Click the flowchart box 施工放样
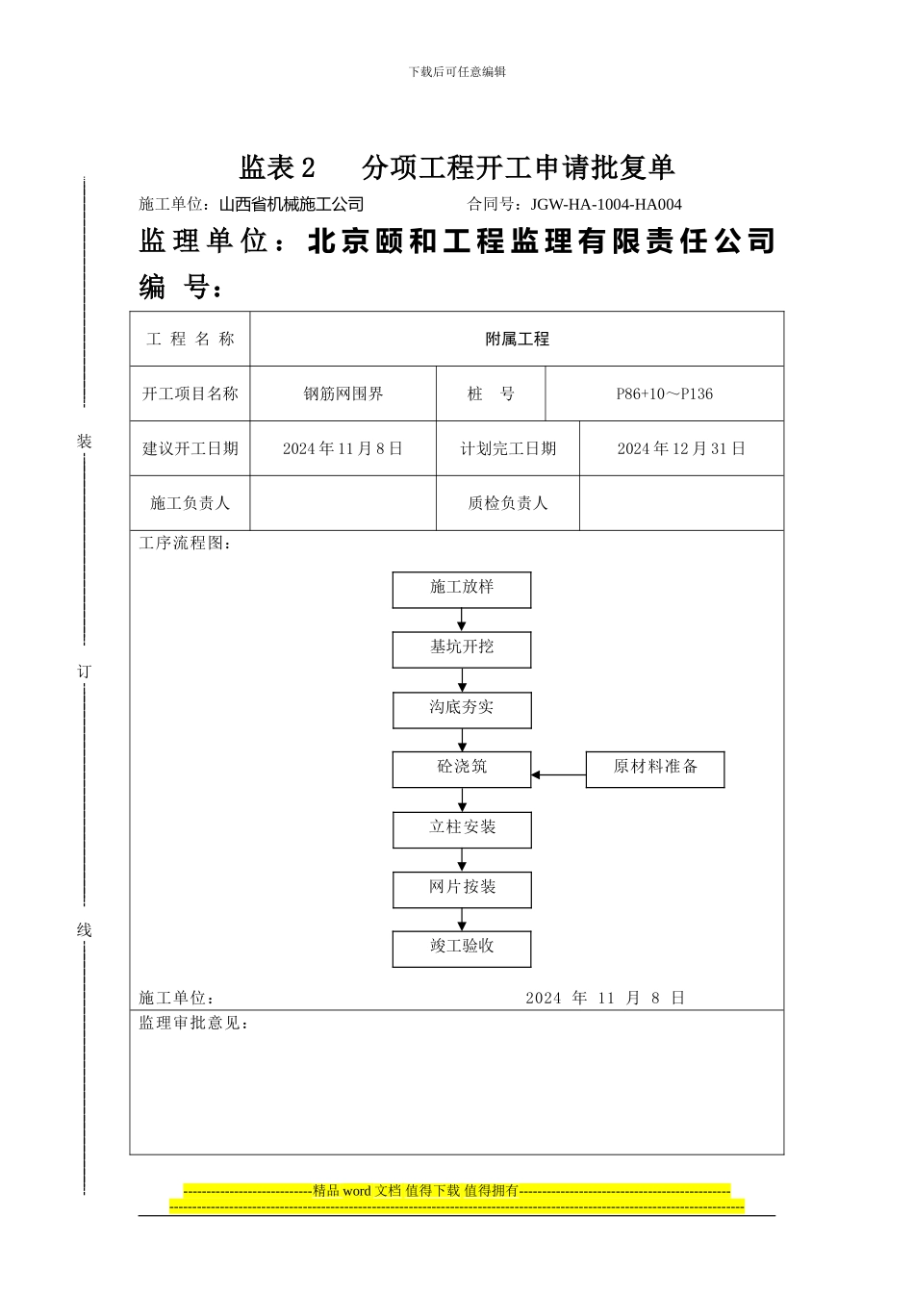click(462, 590)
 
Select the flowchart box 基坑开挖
click(462, 649)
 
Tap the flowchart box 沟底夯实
click(462, 710)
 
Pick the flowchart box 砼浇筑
click(462, 770)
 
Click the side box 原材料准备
click(655, 770)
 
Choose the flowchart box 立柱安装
click(462, 829)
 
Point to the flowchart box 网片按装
click(462, 889)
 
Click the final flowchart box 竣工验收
click(462, 949)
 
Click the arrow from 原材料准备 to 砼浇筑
click(559, 774)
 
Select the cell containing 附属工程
click(517, 339)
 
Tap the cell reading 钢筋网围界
click(343, 393)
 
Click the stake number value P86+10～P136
click(665, 393)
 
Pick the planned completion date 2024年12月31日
click(681, 448)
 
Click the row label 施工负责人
click(190, 503)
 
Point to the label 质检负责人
click(508, 503)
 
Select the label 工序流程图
click(185, 544)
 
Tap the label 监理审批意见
click(193, 1023)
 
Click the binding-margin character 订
click(85, 672)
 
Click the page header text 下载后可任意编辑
click(457, 71)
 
